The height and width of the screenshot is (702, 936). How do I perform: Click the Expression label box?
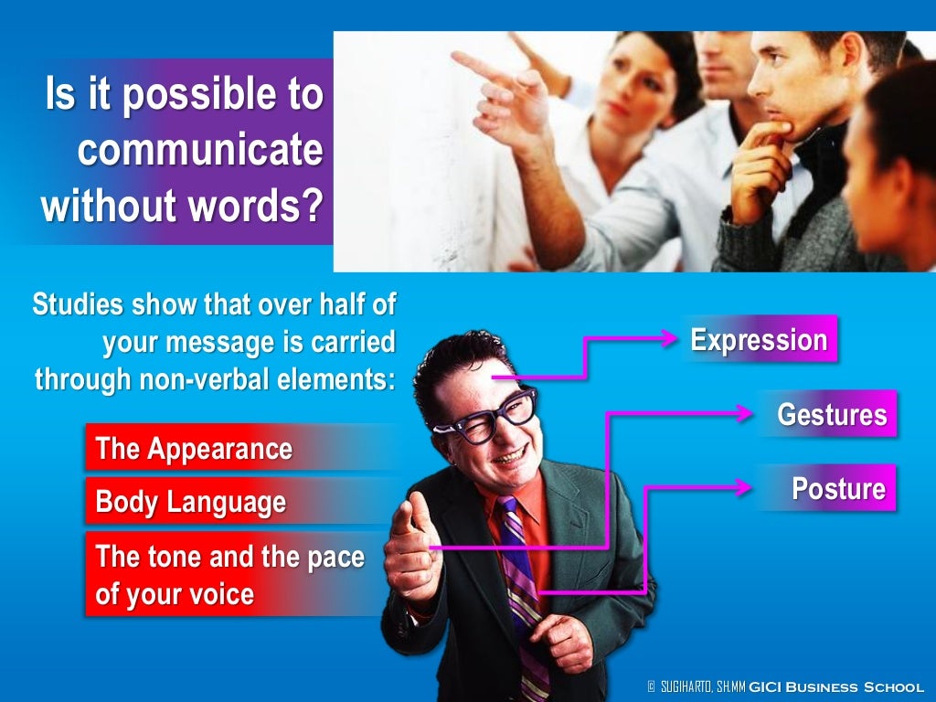(x=759, y=339)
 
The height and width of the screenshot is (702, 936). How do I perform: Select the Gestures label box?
(x=831, y=414)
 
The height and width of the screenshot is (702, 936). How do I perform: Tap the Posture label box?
(x=837, y=488)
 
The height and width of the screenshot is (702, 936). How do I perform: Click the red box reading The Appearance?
(x=194, y=448)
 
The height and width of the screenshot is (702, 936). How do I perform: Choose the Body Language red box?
(x=190, y=502)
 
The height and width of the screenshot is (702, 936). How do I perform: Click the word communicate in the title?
(x=200, y=151)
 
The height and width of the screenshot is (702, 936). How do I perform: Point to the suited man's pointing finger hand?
(x=408, y=548)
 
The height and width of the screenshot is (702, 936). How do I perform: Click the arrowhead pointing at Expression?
(x=670, y=338)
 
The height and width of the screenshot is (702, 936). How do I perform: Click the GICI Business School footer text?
(x=835, y=686)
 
